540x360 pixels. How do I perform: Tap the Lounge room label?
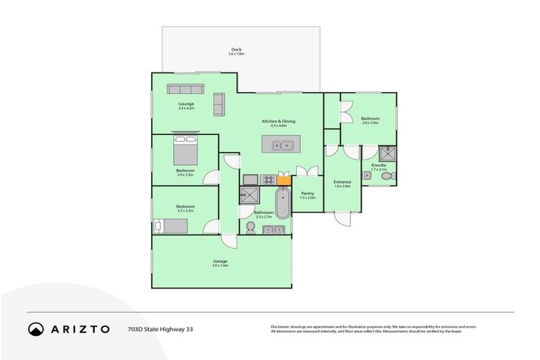coord(186,105)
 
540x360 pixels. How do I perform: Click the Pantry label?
coord(307,194)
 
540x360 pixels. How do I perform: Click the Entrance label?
coord(342,183)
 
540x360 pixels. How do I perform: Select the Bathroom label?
coord(263,213)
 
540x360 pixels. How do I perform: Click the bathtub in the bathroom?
coord(282,203)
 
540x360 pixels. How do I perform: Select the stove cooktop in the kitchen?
coord(267,180)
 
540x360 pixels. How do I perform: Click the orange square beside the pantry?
coord(283,180)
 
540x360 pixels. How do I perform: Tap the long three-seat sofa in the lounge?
coord(186,89)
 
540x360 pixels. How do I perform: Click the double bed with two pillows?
coord(186,150)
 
